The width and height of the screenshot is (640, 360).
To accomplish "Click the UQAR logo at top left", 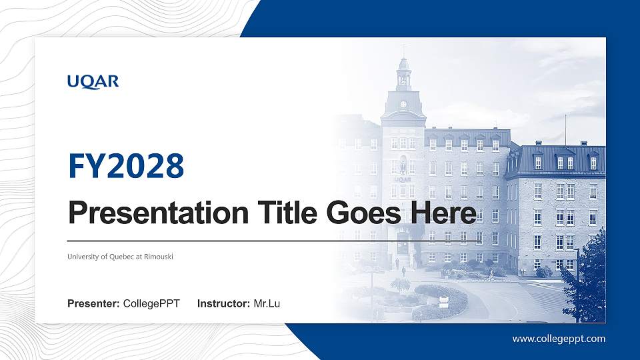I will coord(93,81).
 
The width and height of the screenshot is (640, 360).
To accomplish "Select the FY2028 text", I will coord(126,166).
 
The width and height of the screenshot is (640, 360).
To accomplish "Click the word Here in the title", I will coord(443,213).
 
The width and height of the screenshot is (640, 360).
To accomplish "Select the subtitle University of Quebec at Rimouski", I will coord(120,257).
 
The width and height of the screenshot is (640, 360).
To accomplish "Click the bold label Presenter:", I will coord(93,304).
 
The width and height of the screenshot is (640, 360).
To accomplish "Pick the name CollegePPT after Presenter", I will coord(151,304).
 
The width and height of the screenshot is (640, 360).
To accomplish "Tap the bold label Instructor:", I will coord(224,304).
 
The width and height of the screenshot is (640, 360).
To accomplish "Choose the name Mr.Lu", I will coord(267,304).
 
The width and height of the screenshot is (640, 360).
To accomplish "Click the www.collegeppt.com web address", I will coord(559,339).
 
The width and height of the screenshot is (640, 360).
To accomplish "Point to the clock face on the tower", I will coord(403,105).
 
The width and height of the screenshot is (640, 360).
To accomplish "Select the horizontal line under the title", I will coord(273,241).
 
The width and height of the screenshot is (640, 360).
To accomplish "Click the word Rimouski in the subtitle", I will coord(159,257).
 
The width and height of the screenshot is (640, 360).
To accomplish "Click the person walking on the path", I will coord(403,271).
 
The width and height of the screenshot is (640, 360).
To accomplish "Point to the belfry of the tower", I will coord(403,79).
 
